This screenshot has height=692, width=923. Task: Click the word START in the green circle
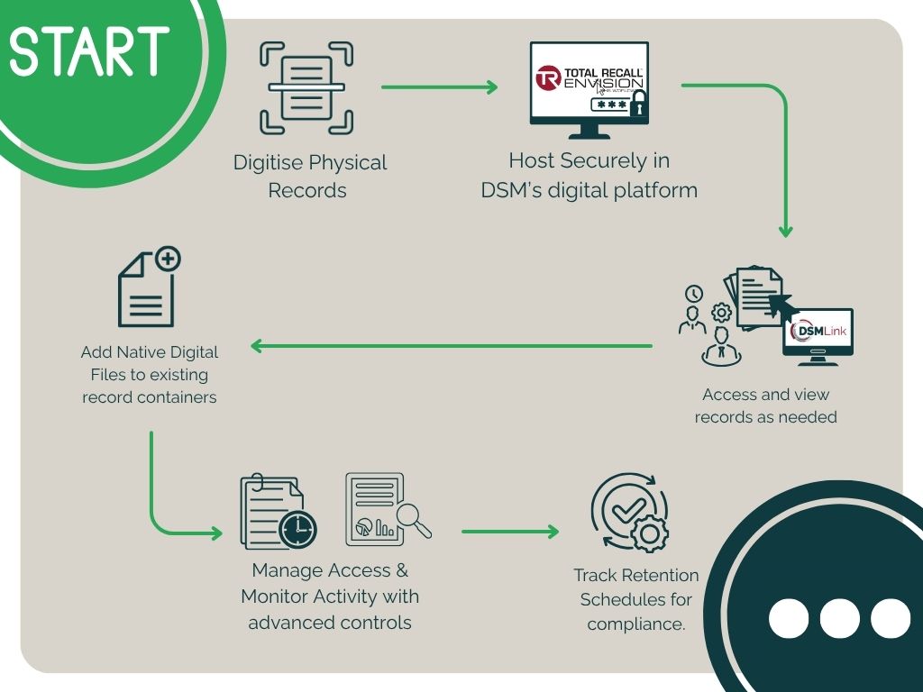(x=89, y=51)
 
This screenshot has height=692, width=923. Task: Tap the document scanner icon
(x=306, y=87)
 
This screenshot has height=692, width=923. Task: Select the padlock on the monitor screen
(x=638, y=104)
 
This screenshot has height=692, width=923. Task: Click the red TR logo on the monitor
(x=547, y=78)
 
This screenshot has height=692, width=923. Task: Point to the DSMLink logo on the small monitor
(x=818, y=330)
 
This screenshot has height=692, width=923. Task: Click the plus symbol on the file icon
(x=169, y=259)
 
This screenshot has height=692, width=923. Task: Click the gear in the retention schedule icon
(x=649, y=533)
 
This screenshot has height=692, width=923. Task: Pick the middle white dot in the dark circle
(x=839, y=618)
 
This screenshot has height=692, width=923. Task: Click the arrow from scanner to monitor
(x=440, y=87)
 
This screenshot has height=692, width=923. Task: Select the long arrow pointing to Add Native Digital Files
(x=452, y=346)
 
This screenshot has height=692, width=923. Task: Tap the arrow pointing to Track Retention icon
(x=510, y=532)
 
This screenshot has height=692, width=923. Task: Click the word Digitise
(x=269, y=163)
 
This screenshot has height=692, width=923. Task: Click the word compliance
(x=636, y=624)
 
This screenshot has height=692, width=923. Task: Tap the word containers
(x=176, y=397)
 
